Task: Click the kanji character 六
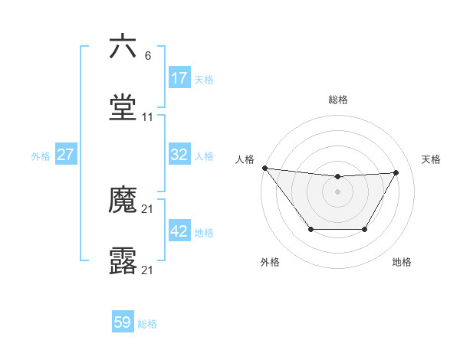tap(123, 47)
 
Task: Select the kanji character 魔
tap(123, 201)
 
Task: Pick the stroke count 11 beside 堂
tap(148, 117)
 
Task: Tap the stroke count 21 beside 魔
tap(148, 209)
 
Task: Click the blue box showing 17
tap(179, 78)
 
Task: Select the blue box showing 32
tap(179, 155)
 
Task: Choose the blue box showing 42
tap(179, 231)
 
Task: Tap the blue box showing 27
tap(66, 155)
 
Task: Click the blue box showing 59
tap(123, 323)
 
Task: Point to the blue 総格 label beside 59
tap(147, 324)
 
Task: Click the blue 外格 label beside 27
tap(41, 155)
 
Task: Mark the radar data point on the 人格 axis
tap(264, 168)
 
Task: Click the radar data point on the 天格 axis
tap(396, 172)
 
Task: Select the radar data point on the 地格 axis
tap(365, 229)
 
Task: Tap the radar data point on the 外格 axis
tap(310, 229)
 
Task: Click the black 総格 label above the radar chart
tap(338, 100)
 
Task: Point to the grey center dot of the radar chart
tap(338, 191)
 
